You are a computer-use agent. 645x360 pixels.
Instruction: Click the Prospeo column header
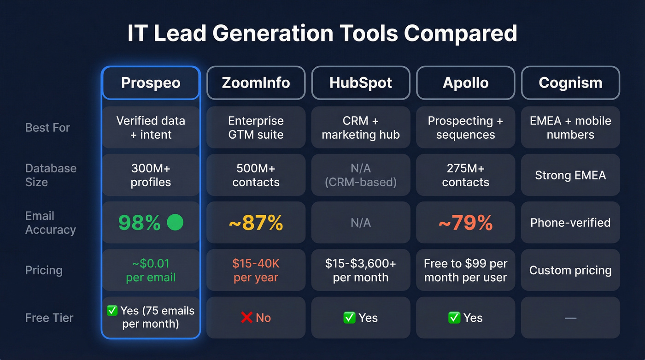tap(151, 83)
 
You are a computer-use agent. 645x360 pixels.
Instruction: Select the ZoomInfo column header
tap(256, 83)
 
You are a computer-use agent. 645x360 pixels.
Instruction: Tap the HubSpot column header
tap(361, 83)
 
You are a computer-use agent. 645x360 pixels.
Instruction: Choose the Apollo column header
tap(465, 83)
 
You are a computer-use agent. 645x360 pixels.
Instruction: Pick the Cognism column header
tap(570, 83)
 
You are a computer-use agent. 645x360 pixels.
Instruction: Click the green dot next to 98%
tap(175, 223)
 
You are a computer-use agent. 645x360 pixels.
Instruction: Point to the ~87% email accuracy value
tap(256, 223)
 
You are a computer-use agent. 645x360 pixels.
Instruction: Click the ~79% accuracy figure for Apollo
tap(465, 223)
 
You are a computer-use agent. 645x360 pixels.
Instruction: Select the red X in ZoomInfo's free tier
tap(247, 318)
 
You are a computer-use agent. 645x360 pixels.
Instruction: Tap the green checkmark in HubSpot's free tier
tap(349, 318)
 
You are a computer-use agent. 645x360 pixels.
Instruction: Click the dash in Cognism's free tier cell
tap(570, 318)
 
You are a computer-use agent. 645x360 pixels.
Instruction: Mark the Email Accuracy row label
tap(50, 223)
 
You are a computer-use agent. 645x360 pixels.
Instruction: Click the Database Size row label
tap(51, 175)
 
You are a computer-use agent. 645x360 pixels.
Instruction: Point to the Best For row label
tap(47, 128)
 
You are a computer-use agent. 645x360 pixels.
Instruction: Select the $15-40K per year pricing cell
tap(256, 271)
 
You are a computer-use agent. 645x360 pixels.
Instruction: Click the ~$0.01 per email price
tap(151, 271)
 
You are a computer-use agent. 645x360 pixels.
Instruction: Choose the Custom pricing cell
tap(570, 271)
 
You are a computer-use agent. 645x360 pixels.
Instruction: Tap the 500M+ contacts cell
tap(256, 175)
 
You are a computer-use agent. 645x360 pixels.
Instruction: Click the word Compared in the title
tap(460, 34)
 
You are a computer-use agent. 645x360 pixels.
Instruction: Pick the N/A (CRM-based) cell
tap(361, 175)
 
